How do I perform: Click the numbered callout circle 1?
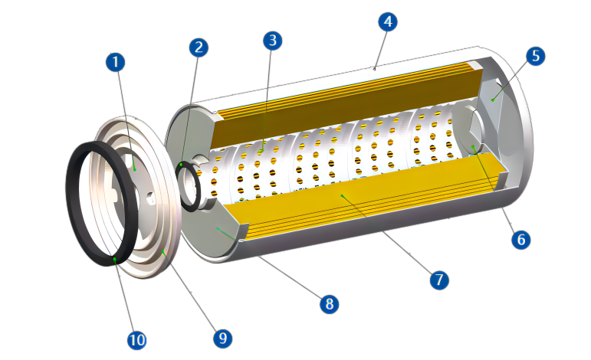115,62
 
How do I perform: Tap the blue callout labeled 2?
199,47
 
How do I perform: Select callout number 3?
272,41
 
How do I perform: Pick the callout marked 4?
388,21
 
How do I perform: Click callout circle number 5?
536,56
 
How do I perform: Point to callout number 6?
521,240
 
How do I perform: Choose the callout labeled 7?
439,280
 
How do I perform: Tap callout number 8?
329,304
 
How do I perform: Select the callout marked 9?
222,338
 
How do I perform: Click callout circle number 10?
137,340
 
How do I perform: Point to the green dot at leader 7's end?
342,196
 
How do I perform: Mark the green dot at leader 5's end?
492,100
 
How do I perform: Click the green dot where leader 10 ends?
115,259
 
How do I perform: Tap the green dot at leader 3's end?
264,142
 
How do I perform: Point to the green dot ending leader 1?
134,169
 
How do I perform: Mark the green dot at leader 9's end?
163,250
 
